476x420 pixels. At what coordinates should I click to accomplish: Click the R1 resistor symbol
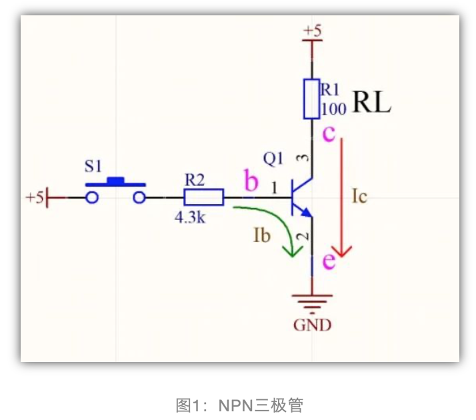click(x=311, y=99)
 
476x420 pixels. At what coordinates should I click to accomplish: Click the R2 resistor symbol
click(x=204, y=197)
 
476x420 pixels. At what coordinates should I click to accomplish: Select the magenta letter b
click(x=251, y=181)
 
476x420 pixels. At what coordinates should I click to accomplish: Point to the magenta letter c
click(x=329, y=133)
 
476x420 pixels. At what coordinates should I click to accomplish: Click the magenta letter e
click(x=328, y=261)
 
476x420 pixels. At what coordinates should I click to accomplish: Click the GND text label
click(x=312, y=326)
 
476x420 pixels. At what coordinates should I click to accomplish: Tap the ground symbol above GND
click(x=312, y=304)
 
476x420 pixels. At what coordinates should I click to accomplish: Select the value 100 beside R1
click(x=333, y=108)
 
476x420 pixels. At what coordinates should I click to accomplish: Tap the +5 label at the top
click(x=312, y=30)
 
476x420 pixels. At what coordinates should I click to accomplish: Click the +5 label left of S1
click(x=35, y=197)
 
